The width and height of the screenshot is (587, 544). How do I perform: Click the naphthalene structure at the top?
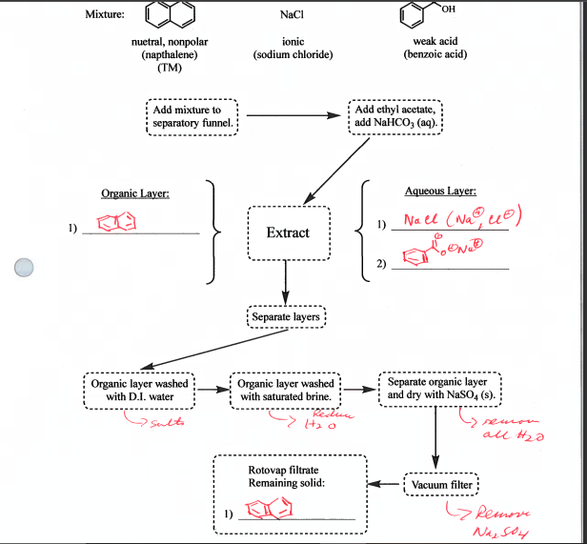169,16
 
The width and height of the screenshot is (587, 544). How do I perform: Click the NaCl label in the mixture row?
292,16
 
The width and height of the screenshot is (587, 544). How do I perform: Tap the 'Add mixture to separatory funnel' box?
193,116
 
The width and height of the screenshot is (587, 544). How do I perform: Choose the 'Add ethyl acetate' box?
400,116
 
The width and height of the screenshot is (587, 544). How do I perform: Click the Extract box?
288,232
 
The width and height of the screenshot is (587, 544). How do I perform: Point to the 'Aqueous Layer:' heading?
439,191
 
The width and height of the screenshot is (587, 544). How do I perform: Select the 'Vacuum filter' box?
440,485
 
